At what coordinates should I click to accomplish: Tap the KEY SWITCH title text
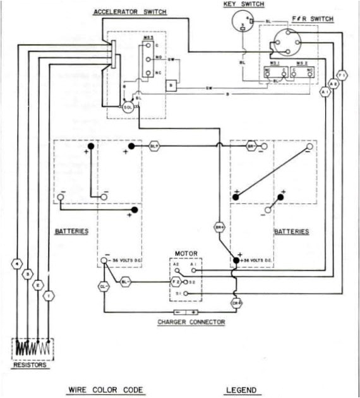(243, 5)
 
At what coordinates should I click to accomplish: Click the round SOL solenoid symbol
(128, 107)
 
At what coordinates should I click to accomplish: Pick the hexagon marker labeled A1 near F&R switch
(325, 92)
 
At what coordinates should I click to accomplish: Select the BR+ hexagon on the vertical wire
(220, 227)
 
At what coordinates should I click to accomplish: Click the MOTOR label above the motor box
(185, 253)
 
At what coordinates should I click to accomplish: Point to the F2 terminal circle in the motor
(177, 280)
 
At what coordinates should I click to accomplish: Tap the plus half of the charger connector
(193, 312)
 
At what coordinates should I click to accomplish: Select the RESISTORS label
(30, 365)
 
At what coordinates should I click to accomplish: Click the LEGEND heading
(243, 390)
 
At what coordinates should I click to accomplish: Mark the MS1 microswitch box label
(274, 63)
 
